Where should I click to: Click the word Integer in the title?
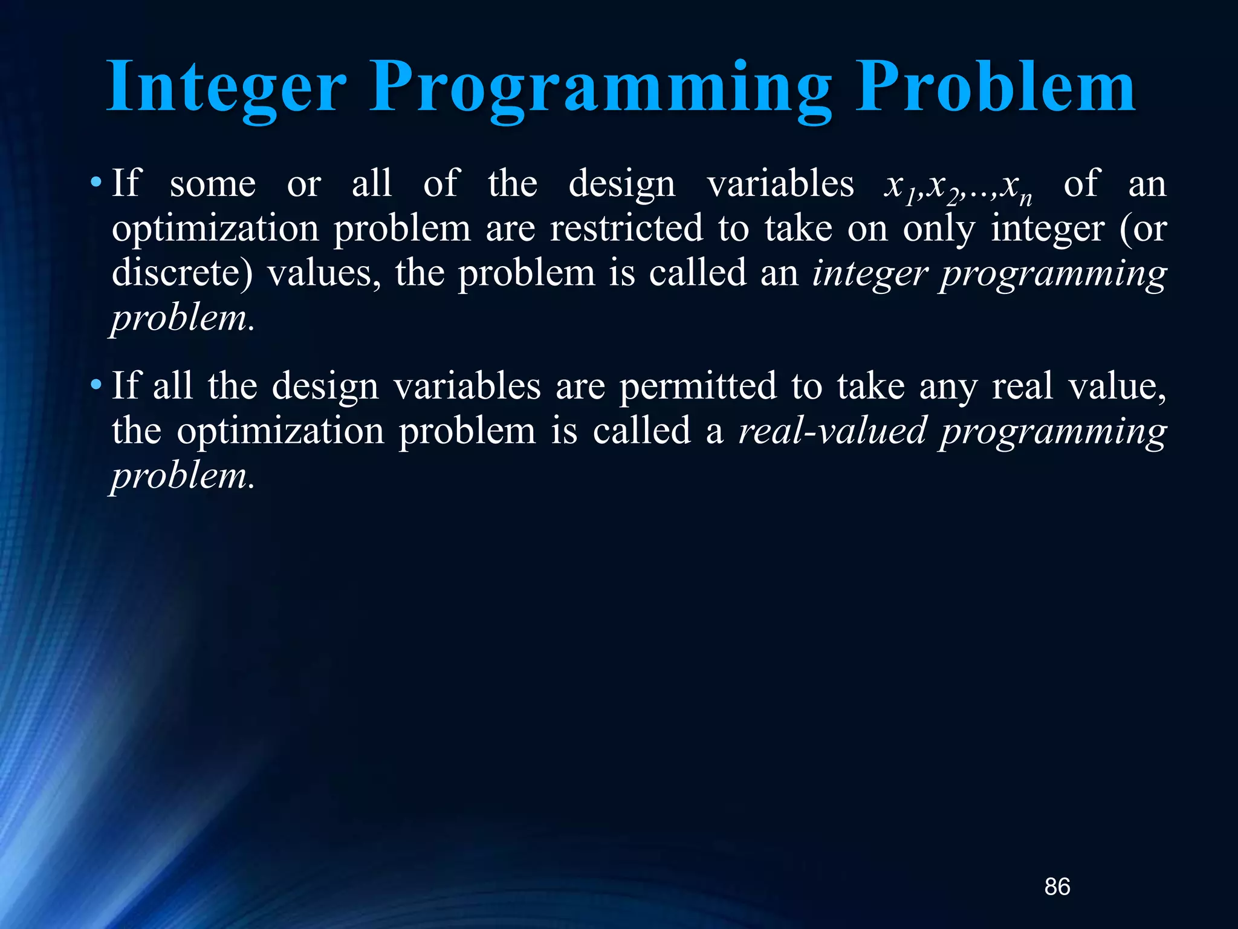tap(226, 88)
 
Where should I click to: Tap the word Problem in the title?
tap(995, 88)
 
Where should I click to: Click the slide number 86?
tap(1057, 887)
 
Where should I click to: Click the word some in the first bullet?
tap(213, 184)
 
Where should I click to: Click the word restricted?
tap(626, 229)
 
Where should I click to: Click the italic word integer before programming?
tap(869, 273)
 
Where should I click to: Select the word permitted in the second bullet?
tap(698, 386)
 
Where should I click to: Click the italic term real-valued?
tap(832, 431)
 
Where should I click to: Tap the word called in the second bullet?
tap(641, 431)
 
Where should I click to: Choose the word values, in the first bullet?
tap(324, 273)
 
